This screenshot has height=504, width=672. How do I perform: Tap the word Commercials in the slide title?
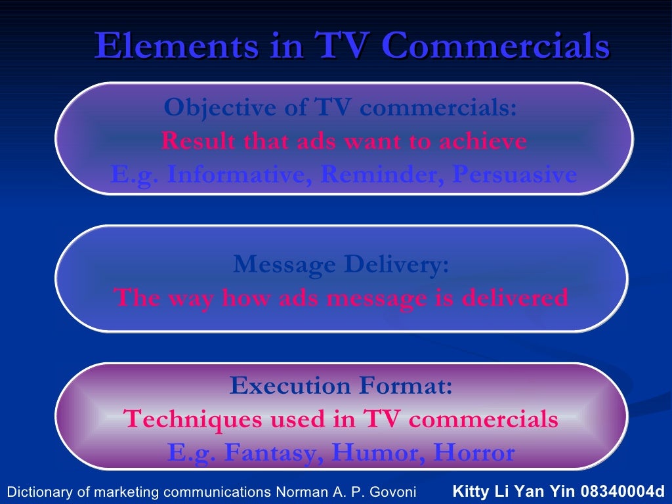click(495, 47)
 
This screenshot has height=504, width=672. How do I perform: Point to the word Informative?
click(236, 175)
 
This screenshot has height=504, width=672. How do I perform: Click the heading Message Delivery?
click(341, 265)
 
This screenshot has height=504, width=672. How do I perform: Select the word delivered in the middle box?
click(516, 298)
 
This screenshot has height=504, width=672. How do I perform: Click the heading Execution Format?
click(341, 385)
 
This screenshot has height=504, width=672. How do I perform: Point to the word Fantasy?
click(274, 453)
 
